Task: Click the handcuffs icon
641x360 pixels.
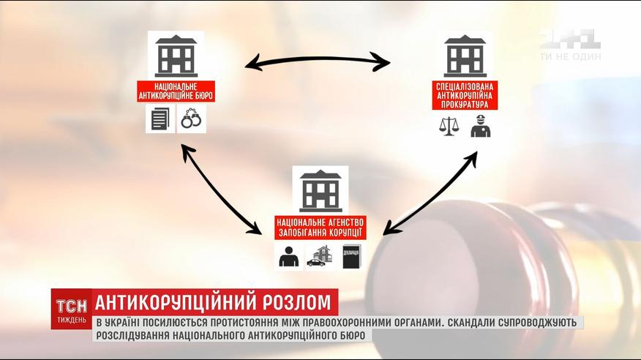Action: pyautogui.click(x=191, y=119)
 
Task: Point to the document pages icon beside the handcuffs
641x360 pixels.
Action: pyautogui.click(x=160, y=119)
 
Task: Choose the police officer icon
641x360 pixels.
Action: pyautogui.click(x=480, y=126)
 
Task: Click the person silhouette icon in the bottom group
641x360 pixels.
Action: pyautogui.click(x=288, y=257)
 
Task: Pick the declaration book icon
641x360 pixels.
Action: pyautogui.click(x=351, y=257)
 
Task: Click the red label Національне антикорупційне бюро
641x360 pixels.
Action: pyautogui.click(x=176, y=91)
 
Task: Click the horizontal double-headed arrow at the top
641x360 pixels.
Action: pyautogui.click(x=317, y=61)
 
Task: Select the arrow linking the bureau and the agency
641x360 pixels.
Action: pyautogui.click(x=221, y=190)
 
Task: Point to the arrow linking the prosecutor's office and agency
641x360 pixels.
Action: pyautogui.click(x=430, y=193)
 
